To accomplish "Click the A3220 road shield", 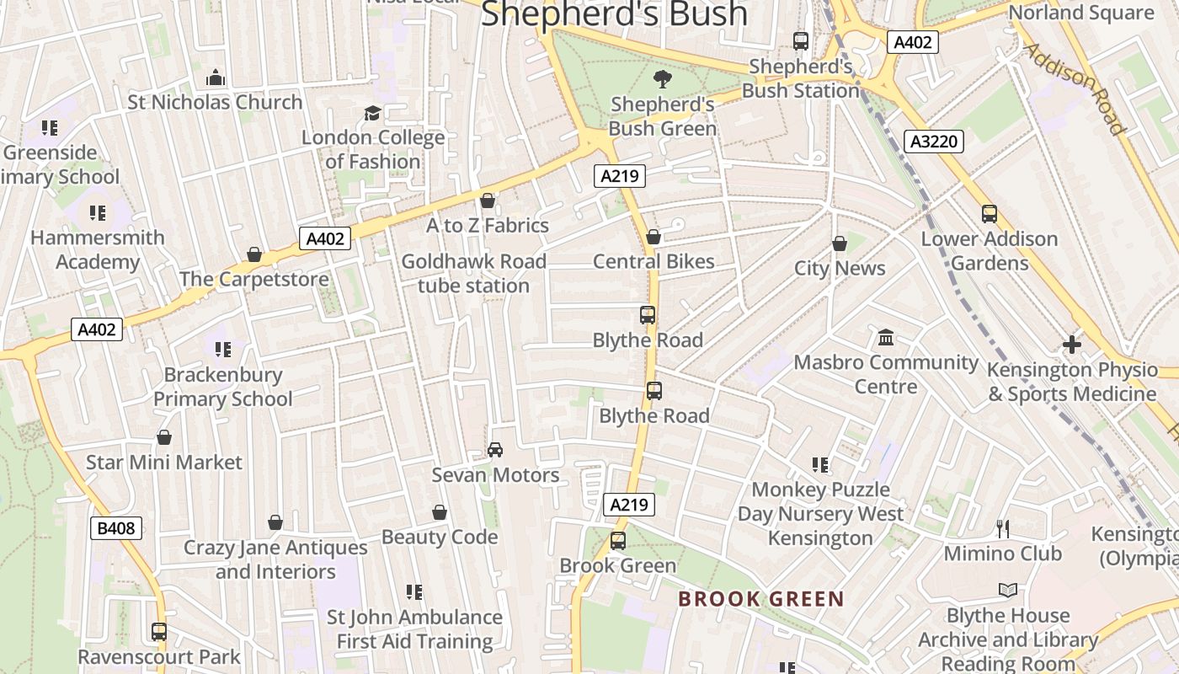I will tap(935, 142).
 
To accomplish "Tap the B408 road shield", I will tap(116, 528).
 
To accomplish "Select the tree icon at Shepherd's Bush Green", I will tap(663, 79).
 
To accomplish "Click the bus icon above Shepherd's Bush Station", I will tap(801, 40).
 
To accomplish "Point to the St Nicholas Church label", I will tap(215, 102).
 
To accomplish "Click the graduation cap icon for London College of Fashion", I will tap(372, 113).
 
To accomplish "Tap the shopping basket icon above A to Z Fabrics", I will tap(487, 201).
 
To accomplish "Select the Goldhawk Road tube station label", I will tap(473, 274).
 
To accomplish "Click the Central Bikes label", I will tap(654, 261).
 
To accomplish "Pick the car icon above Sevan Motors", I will tap(495, 450).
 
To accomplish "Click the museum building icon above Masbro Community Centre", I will tap(886, 338).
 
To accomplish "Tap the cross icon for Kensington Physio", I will tap(1071, 344).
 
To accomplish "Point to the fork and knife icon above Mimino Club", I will tap(1002, 528).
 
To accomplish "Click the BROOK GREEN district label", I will tap(760, 599).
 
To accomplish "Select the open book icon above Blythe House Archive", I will tap(1007, 590).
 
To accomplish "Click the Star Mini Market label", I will tap(164, 463).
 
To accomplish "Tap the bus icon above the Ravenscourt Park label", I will tap(159, 631).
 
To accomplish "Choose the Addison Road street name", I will tap(1075, 87).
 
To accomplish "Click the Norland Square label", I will tap(1081, 13).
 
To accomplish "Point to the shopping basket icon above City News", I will tap(839, 244).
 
